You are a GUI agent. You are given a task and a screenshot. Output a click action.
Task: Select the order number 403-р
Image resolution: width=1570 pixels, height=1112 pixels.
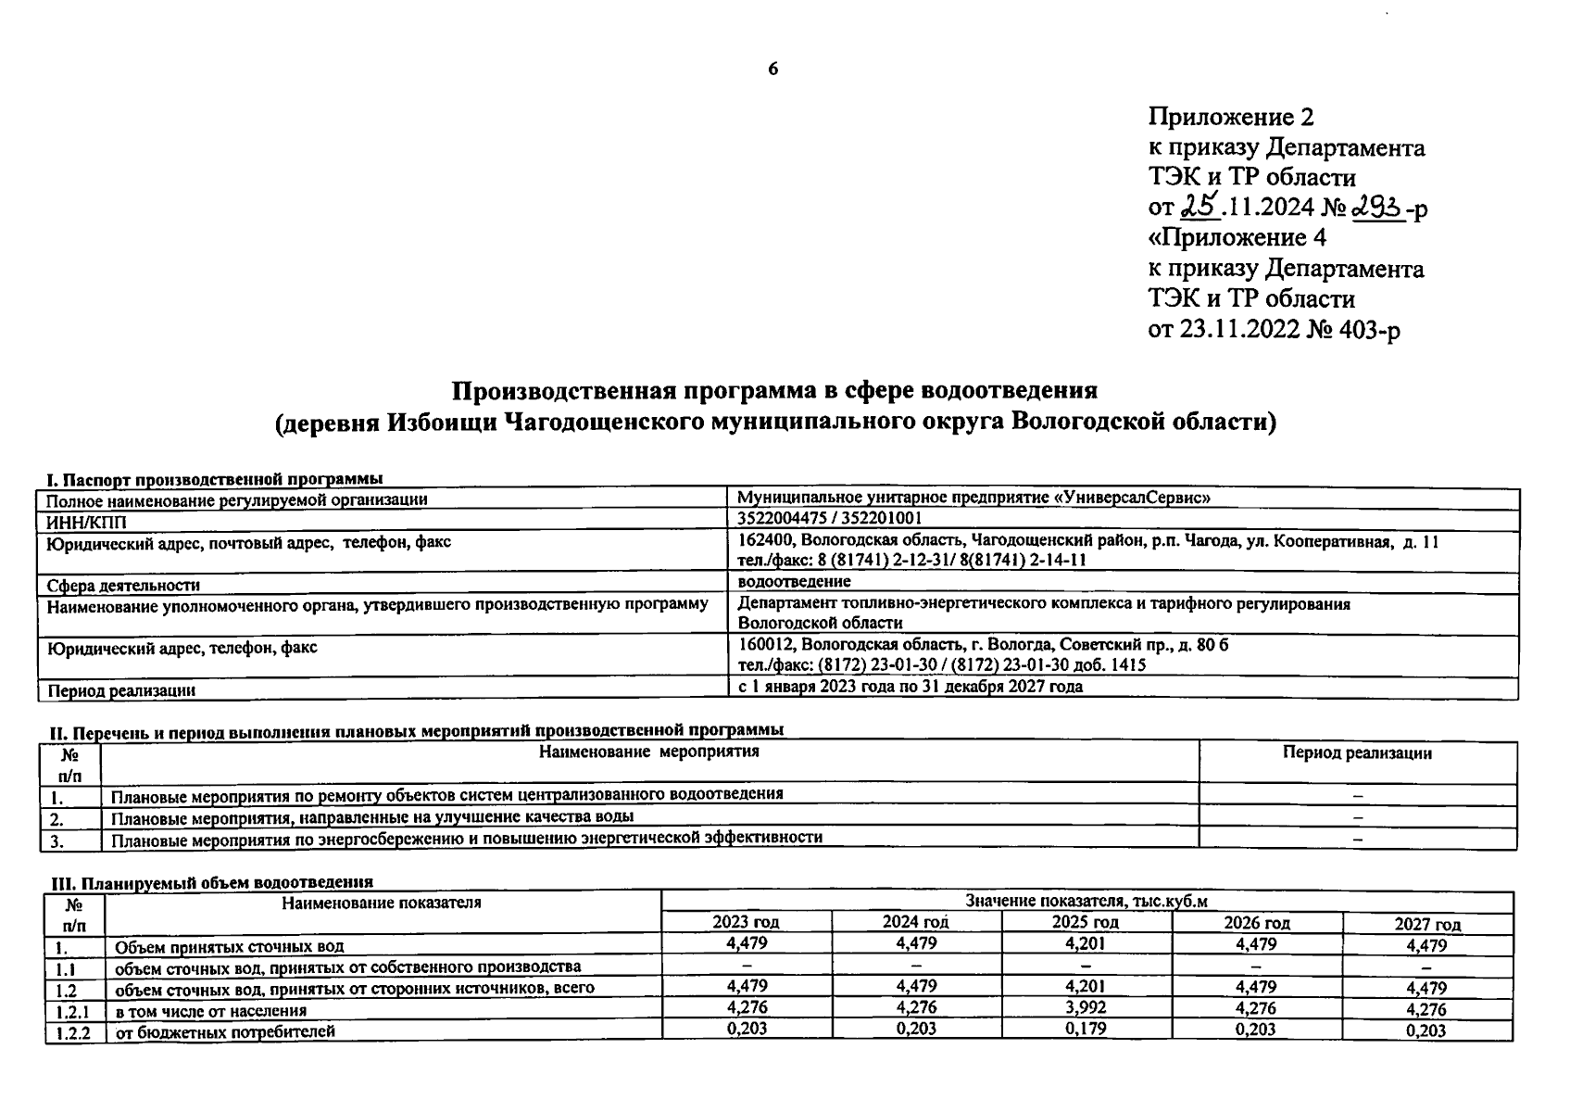[1370, 329]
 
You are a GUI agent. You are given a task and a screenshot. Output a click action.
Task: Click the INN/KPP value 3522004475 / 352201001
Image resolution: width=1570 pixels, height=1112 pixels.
[830, 518]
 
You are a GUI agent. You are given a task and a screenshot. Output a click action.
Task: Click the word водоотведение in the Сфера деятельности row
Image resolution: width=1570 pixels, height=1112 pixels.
[795, 582]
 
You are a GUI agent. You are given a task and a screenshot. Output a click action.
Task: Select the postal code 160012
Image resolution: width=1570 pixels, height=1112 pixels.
[766, 645]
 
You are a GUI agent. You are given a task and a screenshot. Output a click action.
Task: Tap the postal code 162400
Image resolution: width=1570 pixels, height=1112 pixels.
[766, 541]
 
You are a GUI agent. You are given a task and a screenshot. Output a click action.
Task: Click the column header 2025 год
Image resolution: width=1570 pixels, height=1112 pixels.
[1085, 923]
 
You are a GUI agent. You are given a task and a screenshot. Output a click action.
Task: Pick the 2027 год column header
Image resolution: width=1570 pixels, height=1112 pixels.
[1427, 924]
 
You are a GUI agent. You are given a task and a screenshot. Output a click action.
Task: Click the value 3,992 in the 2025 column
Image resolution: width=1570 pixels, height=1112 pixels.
[1085, 1007]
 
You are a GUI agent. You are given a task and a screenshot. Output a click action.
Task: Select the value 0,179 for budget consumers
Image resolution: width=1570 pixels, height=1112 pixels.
[1085, 1029]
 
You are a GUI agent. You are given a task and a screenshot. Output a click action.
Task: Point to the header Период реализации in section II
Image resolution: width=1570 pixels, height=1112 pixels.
[1357, 753]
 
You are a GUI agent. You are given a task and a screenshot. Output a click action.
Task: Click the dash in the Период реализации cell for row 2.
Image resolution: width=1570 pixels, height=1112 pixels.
[1358, 817]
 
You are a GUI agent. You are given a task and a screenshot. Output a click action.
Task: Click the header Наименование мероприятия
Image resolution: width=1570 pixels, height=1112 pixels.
[648, 752]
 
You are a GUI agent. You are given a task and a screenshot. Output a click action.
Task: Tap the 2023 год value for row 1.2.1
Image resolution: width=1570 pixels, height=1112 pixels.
[746, 1007]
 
